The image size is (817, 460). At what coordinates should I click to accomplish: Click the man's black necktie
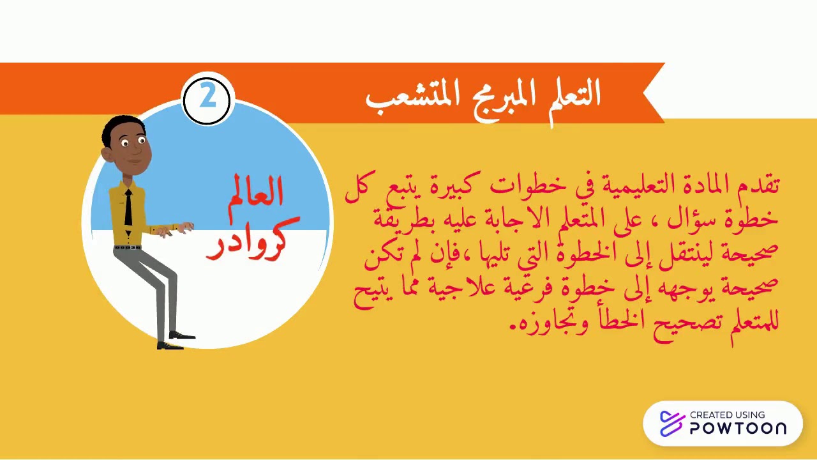point(128,208)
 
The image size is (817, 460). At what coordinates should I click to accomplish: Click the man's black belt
point(127,247)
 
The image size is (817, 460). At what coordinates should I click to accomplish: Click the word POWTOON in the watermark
point(737,428)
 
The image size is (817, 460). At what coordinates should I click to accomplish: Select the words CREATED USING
point(727,415)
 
